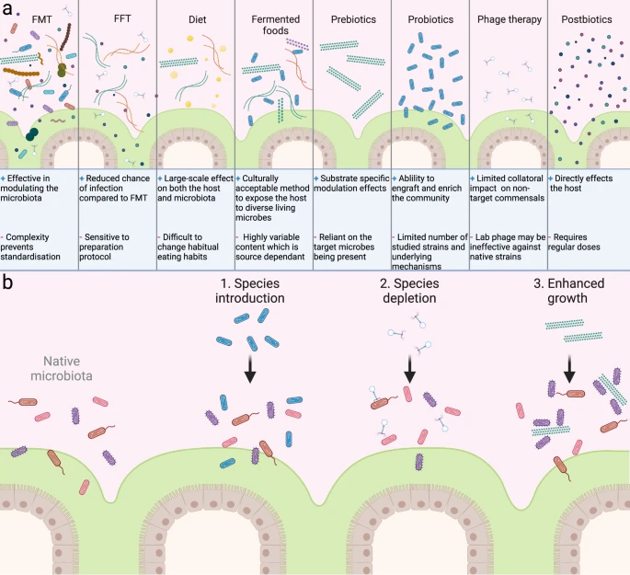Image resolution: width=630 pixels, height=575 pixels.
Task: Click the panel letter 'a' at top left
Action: click(x=8, y=9)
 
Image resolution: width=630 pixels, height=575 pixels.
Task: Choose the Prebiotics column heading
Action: click(x=351, y=18)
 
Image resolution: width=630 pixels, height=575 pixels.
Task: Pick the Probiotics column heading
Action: click(x=430, y=18)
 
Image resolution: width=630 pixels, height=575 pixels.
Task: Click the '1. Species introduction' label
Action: click(x=250, y=291)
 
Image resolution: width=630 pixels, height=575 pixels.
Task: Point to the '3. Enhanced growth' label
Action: click(x=570, y=291)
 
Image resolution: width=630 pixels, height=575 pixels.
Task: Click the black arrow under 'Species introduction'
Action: click(x=250, y=369)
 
